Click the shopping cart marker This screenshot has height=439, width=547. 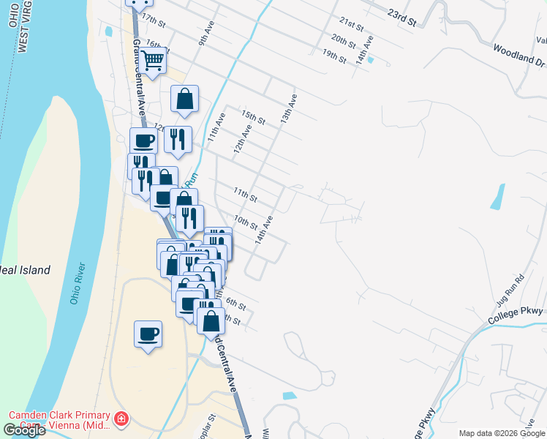point(153,61)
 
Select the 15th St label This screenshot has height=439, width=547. point(252,117)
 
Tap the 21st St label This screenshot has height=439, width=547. point(352,25)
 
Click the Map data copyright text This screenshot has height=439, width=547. point(501,433)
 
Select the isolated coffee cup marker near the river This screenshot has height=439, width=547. point(148,334)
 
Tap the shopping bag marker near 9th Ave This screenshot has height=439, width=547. point(185,100)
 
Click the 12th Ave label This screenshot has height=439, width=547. point(242,138)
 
